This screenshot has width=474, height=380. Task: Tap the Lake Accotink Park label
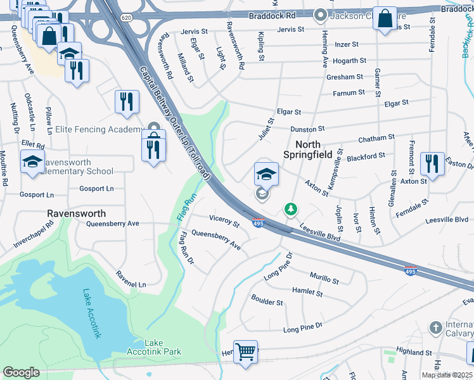pyautogui.click(x=163, y=347)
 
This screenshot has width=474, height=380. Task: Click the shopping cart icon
pyautogui.click(x=246, y=351)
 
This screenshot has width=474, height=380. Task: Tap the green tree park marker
pyautogui.click(x=290, y=208)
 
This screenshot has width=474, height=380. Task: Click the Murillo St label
pyautogui.click(x=324, y=277)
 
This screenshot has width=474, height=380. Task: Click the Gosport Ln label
pyautogui.click(x=96, y=189)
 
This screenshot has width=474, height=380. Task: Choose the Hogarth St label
pyautogui.click(x=346, y=61)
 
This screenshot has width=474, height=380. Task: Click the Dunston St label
pyautogui.click(x=307, y=129)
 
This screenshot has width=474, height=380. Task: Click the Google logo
pyautogui.click(x=21, y=372)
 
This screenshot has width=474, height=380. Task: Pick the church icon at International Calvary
pyautogui.click(x=435, y=327)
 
